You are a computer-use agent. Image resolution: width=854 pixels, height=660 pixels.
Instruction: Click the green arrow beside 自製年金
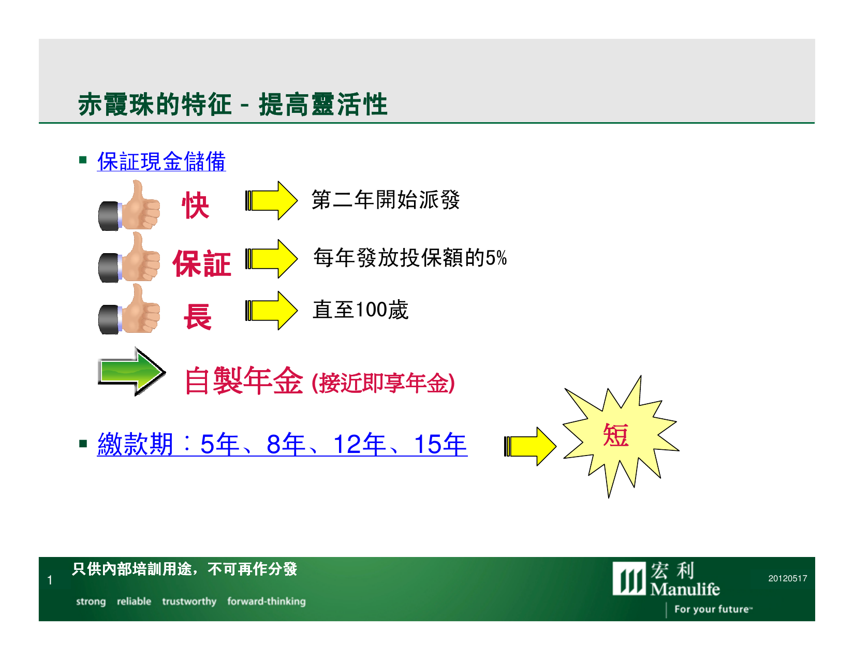[x=131, y=371]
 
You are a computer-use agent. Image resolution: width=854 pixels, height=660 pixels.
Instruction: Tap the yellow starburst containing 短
[x=621, y=436]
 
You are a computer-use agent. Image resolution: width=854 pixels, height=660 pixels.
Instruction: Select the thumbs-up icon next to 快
[x=129, y=205]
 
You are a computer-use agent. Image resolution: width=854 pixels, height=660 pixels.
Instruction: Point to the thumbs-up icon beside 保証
[x=129, y=257]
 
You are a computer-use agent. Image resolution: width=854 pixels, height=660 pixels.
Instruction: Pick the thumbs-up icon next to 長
[x=129, y=309]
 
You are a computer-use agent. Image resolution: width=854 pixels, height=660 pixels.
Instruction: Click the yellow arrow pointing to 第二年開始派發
[x=271, y=200]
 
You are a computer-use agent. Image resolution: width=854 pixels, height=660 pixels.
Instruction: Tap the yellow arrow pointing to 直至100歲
[x=271, y=311]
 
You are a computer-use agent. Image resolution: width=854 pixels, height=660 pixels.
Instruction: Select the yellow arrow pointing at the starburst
[x=530, y=447]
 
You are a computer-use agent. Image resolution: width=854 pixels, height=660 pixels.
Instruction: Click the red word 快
[x=195, y=205]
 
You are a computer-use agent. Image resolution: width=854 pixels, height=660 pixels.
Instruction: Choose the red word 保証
[x=202, y=263]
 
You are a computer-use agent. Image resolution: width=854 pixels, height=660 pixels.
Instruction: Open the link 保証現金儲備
[x=161, y=161]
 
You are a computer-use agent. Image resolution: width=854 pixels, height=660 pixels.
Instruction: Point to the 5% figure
[x=496, y=258]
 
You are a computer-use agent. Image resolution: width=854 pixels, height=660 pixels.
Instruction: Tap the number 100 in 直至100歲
[x=372, y=310]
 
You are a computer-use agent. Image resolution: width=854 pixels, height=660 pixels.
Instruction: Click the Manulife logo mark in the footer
[x=629, y=578]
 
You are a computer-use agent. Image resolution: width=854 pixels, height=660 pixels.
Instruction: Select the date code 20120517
[x=788, y=578]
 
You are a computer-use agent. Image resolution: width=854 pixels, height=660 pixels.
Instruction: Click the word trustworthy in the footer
[x=189, y=602]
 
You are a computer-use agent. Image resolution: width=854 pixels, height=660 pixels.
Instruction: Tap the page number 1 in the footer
[x=50, y=580]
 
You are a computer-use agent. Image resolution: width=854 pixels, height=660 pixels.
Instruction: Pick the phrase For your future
[x=712, y=609]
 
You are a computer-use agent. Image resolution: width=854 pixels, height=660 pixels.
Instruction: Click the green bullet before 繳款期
[x=82, y=444]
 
